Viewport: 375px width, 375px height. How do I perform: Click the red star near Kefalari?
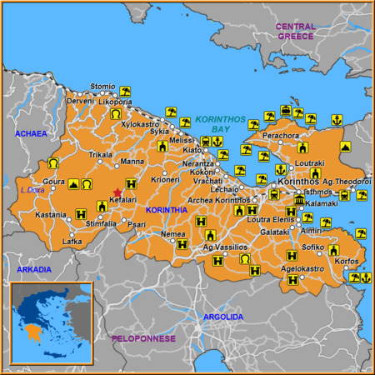(117, 192)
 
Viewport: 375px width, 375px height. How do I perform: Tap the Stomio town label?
(102, 86)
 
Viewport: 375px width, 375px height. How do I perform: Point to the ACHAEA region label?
(32, 132)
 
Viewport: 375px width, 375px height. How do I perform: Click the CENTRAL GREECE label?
(297, 32)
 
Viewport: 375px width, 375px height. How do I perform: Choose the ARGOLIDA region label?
(223, 317)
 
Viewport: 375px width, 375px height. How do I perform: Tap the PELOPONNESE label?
(143, 339)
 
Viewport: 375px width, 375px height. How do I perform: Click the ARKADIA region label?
(33, 270)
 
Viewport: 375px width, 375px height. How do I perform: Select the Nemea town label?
(172, 235)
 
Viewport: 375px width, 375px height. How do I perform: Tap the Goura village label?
(54, 181)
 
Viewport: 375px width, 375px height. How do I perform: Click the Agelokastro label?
(302, 269)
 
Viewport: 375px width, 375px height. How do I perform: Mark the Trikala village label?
(101, 154)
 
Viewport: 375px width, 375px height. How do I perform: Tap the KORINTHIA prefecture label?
(167, 210)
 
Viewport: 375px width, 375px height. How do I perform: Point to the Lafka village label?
(72, 242)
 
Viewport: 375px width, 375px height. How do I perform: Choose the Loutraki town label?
(311, 164)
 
